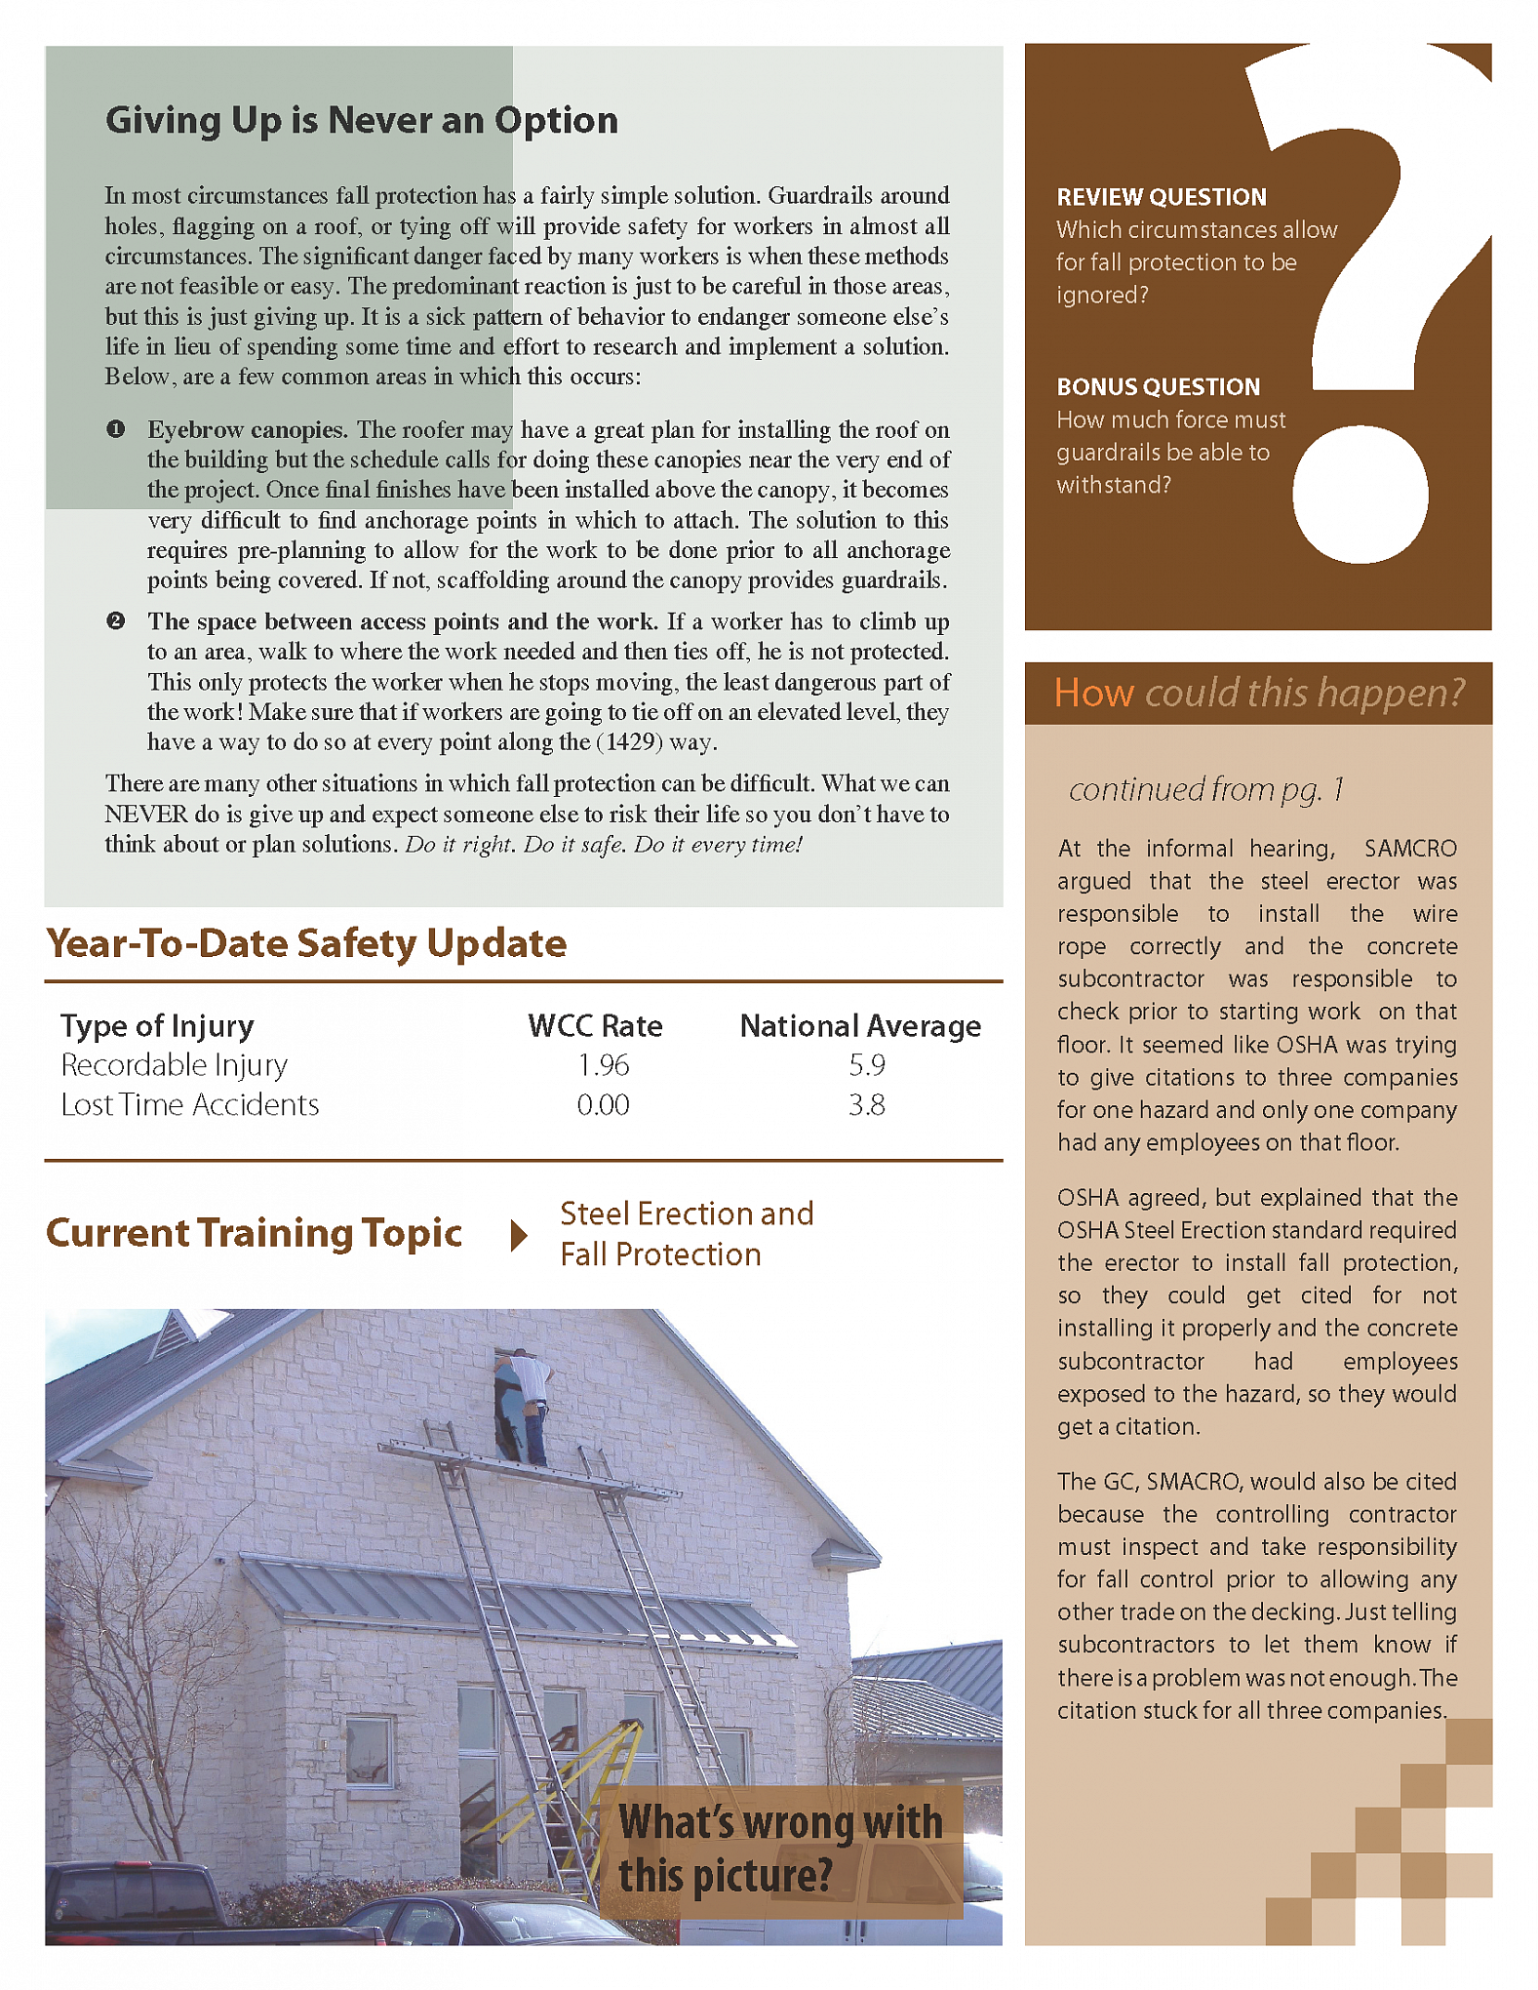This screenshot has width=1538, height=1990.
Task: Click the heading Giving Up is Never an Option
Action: pos(361,121)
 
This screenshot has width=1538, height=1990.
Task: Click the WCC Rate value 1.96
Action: pos(603,1065)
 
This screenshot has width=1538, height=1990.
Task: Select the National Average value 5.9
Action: pos(866,1065)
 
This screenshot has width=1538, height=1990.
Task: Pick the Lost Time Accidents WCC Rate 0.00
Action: pos(603,1105)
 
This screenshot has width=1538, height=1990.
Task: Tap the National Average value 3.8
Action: pos(866,1105)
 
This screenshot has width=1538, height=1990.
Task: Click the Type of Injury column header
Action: pos(157,1026)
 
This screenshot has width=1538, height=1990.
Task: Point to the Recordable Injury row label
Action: pos(174,1065)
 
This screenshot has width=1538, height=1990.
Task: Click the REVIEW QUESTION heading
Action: pos(1161,197)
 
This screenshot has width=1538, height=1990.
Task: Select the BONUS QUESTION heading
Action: pos(1158,387)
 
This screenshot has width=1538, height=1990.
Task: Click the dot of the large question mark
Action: pos(1360,495)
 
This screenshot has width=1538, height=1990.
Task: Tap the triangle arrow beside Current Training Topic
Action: pos(519,1235)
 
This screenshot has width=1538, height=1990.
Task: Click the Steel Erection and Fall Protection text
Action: pos(686,1234)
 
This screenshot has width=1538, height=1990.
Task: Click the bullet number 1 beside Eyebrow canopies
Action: pos(116,429)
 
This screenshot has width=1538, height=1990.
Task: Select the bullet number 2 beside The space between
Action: pos(116,621)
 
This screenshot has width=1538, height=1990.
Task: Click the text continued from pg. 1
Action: pos(1205,789)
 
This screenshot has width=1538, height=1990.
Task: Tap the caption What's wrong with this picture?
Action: pos(780,1850)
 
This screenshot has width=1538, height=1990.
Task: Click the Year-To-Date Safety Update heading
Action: pos(306,944)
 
